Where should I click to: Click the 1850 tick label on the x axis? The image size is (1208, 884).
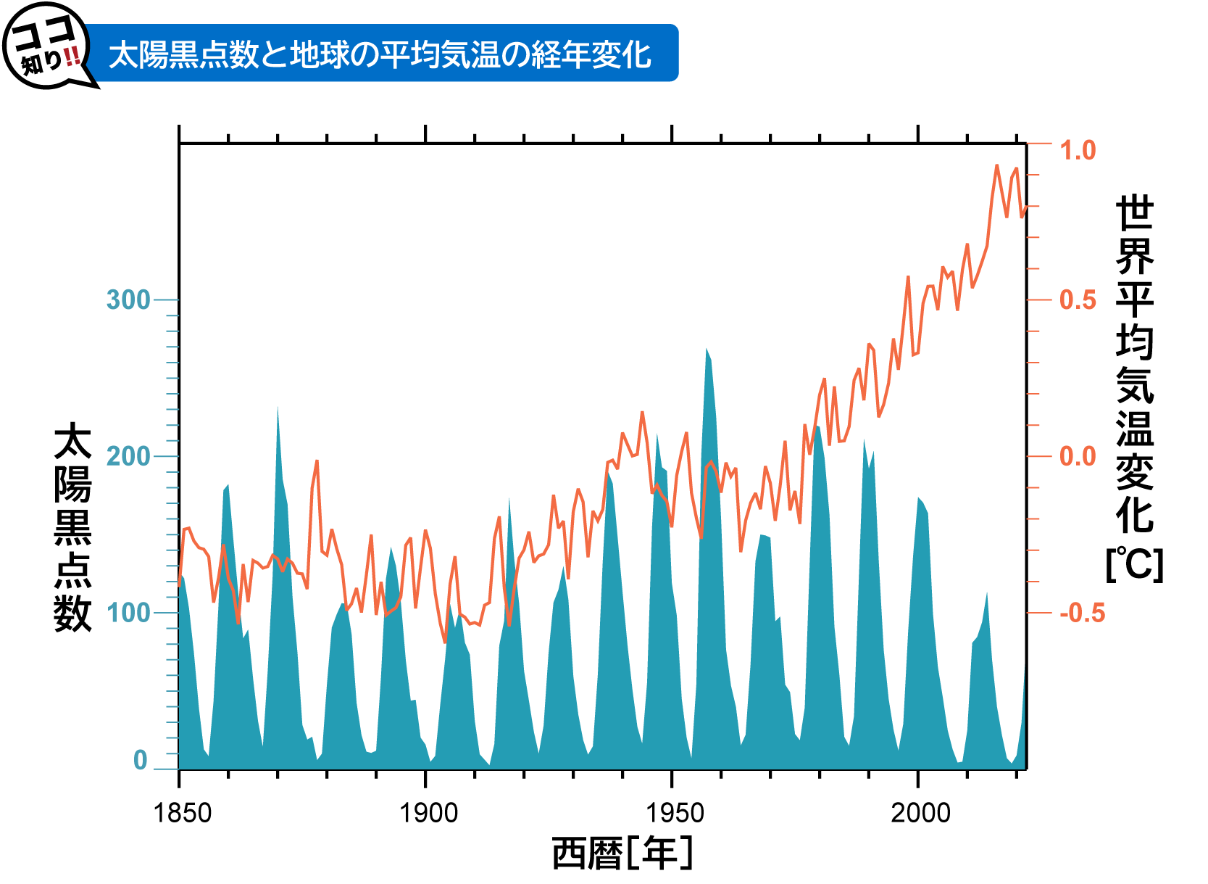click(x=183, y=813)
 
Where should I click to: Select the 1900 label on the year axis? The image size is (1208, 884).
click(x=429, y=813)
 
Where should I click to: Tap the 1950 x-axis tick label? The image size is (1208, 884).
click(x=675, y=813)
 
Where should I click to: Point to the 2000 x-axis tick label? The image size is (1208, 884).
click(x=920, y=813)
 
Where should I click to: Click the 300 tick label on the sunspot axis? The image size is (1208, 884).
click(x=128, y=300)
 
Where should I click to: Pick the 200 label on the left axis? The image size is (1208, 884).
click(x=128, y=456)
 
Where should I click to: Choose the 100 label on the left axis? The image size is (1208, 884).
click(x=128, y=613)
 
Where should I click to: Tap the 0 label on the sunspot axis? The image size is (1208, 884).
click(x=141, y=760)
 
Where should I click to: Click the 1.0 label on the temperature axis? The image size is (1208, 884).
click(x=1078, y=151)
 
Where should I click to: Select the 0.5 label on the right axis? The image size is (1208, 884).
click(x=1078, y=300)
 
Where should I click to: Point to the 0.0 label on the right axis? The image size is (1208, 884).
click(x=1078, y=456)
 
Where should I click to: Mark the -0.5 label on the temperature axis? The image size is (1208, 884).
click(x=1082, y=613)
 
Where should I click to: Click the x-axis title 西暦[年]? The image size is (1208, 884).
click(x=622, y=853)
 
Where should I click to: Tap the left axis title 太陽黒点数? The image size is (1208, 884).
click(x=73, y=529)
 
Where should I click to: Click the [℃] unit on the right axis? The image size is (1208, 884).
click(x=1134, y=564)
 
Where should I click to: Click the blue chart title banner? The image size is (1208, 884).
click(x=381, y=54)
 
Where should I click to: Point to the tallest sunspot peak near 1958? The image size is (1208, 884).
click(x=707, y=350)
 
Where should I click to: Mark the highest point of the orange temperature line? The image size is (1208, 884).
click(x=997, y=166)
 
